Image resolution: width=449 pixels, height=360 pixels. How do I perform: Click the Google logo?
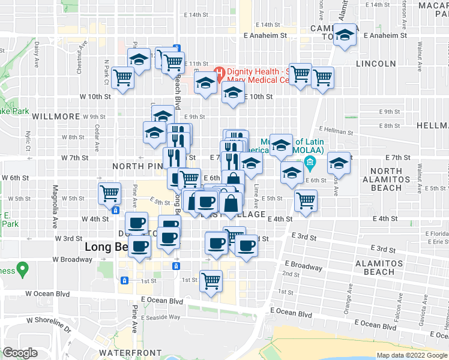[x=20, y=353]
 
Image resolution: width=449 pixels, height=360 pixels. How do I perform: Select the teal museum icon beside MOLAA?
[x=310, y=161]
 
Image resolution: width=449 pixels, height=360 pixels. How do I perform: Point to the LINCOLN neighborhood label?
[x=376, y=64]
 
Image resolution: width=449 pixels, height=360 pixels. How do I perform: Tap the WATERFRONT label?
[x=130, y=352]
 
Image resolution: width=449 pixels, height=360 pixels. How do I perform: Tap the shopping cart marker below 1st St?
[x=211, y=280]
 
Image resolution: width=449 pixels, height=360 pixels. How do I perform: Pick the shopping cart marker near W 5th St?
[x=110, y=193]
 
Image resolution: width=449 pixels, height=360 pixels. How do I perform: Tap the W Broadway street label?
[x=73, y=260]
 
